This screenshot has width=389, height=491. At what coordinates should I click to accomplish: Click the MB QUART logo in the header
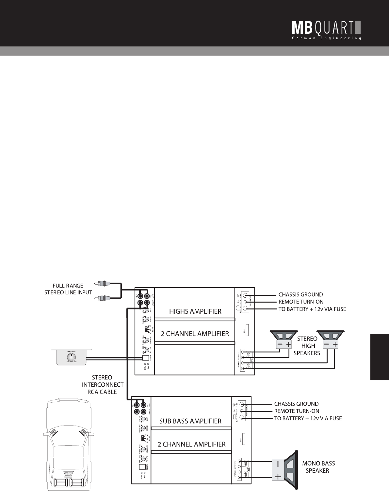tap(326, 28)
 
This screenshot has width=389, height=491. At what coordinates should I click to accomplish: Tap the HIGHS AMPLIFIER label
tap(195, 311)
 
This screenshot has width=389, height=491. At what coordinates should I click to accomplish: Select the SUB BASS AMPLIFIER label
tap(190, 421)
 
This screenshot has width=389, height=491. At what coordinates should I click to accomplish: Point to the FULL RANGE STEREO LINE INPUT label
tap(68, 289)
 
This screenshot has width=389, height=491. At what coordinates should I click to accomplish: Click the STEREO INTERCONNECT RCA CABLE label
tap(103, 385)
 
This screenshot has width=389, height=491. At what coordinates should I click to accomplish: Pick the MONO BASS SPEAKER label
tap(318, 467)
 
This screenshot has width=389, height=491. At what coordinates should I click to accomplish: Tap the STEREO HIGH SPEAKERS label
tap(307, 346)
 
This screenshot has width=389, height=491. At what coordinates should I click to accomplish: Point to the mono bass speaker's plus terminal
tap(278, 477)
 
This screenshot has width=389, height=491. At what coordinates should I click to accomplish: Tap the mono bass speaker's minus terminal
tap(278, 464)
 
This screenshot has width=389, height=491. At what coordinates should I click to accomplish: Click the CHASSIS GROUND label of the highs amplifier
tap(300, 294)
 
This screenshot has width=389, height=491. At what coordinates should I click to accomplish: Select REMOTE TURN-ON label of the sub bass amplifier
tap(297, 411)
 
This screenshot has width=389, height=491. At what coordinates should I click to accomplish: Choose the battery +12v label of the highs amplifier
tap(312, 309)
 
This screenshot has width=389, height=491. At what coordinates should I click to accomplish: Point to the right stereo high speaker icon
tap(330, 341)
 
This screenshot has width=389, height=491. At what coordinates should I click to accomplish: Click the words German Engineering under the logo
tap(326, 38)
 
